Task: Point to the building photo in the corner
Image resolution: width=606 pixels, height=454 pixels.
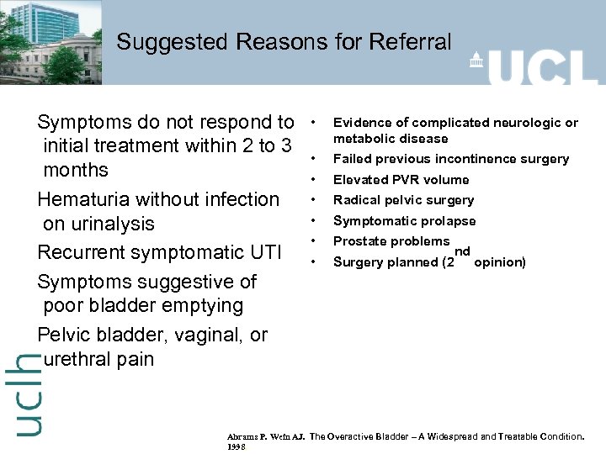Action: pyautogui.click(x=50, y=42)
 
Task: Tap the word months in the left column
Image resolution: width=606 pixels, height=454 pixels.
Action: pyautogui.click(x=76, y=170)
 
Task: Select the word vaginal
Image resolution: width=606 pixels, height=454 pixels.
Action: pyautogui.click(x=210, y=335)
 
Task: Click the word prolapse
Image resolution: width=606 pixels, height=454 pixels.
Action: pyautogui.click(x=449, y=221)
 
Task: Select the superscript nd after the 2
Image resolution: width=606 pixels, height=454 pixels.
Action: pyautogui.click(x=462, y=251)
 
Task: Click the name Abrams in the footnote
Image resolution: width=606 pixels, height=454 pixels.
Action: pyautogui.click(x=245, y=437)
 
